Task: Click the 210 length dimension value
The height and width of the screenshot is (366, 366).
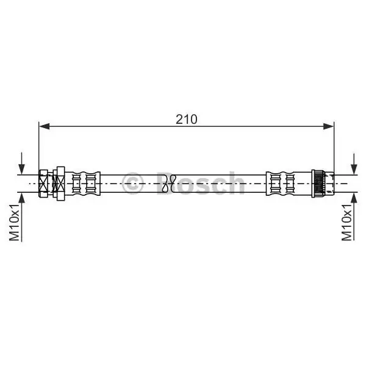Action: click(x=186, y=120)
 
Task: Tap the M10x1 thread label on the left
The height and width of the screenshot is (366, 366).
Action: click(x=14, y=222)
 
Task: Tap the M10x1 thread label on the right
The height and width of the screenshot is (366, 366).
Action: click(x=346, y=222)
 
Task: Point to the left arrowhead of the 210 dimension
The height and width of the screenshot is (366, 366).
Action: click(x=45, y=126)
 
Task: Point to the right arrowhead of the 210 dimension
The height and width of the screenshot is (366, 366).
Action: click(x=328, y=126)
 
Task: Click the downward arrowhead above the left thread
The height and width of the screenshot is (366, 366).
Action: click(x=22, y=169)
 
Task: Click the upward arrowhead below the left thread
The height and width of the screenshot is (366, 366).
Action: click(x=22, y=198)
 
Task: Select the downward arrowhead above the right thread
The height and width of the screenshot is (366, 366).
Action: click(x=354, y=169)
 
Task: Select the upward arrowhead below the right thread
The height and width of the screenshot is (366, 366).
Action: click(x=354, y=198)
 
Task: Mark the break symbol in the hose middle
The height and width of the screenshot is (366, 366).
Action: click(x=170, y=184)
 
